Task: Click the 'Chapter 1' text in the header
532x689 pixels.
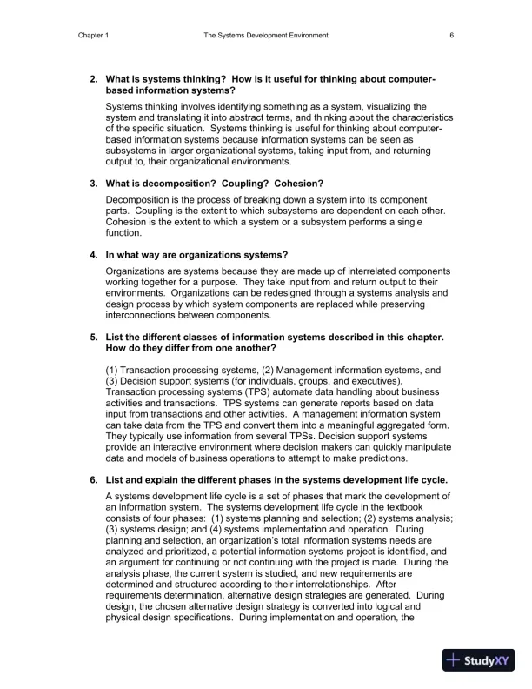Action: tap(94, 36)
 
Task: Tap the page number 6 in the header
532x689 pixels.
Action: tap(452, 36)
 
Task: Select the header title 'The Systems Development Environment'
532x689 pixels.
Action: tap(266, 36)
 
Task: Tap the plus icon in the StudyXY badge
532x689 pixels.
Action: tap(453, 659)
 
